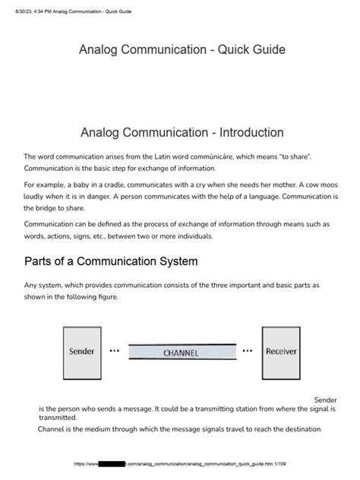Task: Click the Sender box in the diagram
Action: click(x=82, y=352)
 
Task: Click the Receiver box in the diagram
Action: click(x=281, y=352)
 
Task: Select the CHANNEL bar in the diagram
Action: click(x=181, y=353)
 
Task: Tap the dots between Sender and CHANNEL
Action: click(x=115, y=352)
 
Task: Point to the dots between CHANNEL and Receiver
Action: click(x=247, y=352)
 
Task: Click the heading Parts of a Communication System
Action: click(x=111, y=261)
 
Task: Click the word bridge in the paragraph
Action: click(x=54, y=208)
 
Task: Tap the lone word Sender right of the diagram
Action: click(x=325, y=399)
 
